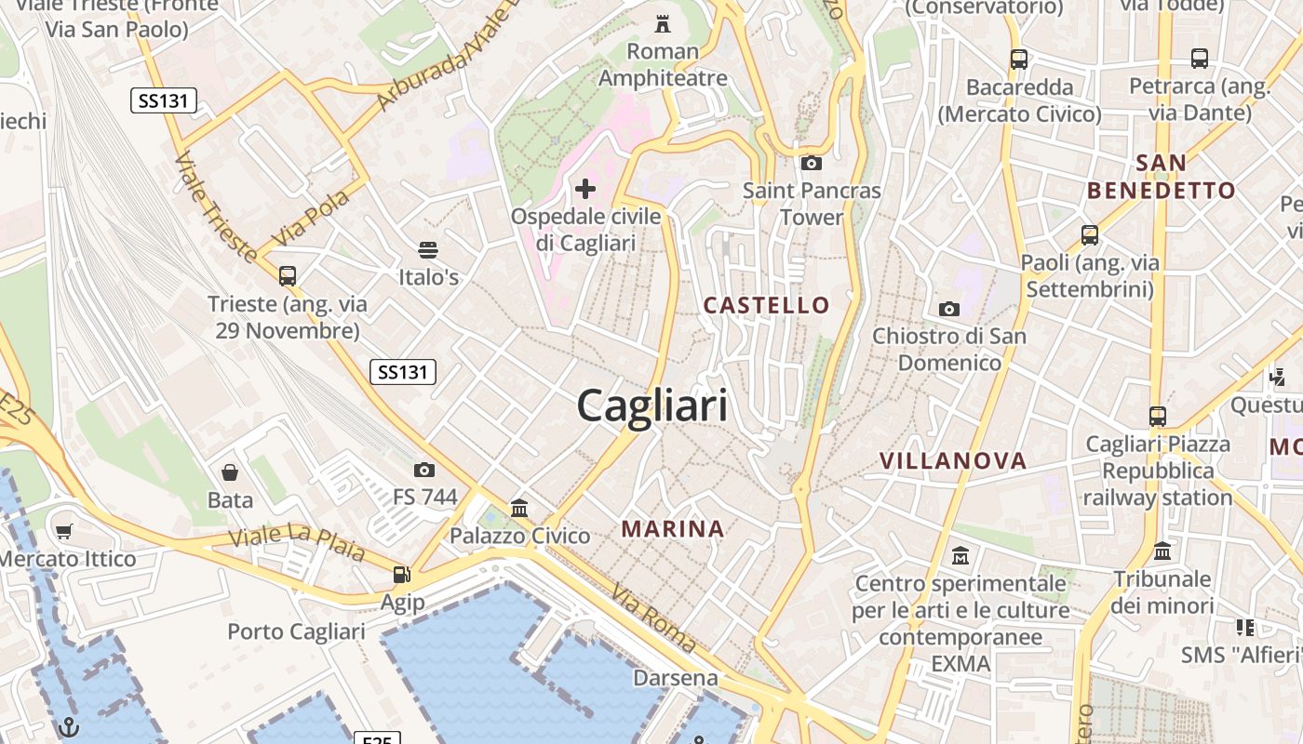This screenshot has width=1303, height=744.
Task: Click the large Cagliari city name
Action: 651,406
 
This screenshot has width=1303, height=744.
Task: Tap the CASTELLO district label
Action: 766,305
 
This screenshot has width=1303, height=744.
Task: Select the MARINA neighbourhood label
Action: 672,529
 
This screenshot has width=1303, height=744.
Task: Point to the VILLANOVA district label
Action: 953,460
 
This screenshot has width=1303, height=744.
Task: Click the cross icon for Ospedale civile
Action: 585,190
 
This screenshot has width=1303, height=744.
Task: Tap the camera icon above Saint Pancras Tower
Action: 812,163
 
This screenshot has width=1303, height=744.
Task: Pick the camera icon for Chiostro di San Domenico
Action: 949,309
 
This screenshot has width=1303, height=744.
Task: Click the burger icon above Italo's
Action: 428,249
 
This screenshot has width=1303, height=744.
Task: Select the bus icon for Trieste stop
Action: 288,275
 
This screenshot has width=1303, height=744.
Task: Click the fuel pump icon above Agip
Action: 401,575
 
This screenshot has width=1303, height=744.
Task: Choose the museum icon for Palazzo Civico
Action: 519,508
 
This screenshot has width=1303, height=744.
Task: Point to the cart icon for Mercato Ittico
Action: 63,532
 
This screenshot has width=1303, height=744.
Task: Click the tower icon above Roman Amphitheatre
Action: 663,22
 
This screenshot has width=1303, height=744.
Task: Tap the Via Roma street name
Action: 653,618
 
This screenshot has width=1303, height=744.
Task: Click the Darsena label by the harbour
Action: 676,678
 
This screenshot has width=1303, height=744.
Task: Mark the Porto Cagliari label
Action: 296,631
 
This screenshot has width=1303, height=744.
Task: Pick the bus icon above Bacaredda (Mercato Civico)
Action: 1019,60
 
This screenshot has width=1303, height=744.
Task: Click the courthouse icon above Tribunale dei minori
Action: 1162,551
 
